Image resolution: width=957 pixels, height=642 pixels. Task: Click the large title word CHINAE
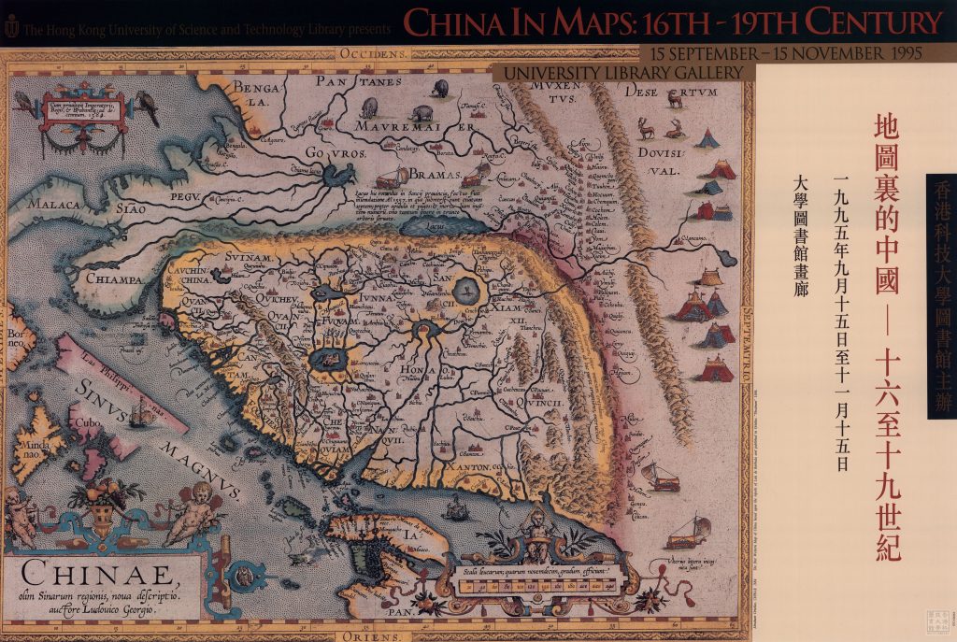[94, 572]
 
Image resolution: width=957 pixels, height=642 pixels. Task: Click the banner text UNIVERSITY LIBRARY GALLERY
[625, 73]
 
